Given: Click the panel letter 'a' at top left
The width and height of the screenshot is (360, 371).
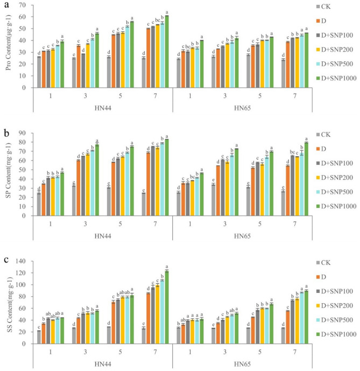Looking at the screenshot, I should tap(5, 4).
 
